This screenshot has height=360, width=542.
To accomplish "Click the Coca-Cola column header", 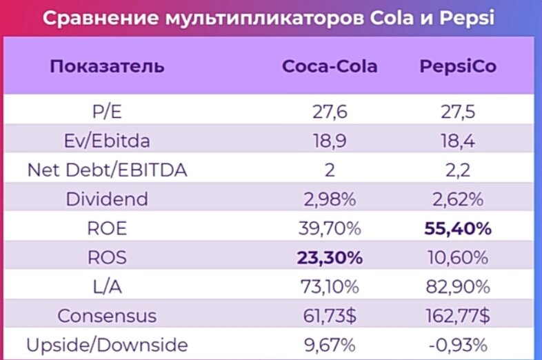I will click(330, 67).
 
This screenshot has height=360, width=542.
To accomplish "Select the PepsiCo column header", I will click(458, 67).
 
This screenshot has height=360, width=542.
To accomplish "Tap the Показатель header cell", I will click(107, 67).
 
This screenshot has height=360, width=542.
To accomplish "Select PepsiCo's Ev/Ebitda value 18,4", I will click(458, 141).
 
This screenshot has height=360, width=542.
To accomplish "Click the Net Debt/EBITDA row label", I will click(107, 170).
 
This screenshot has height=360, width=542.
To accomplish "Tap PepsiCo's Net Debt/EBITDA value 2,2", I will click(458, 170).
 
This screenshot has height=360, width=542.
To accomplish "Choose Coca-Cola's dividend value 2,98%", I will click(330, 200).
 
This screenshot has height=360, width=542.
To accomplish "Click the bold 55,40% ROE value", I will click(458, 229).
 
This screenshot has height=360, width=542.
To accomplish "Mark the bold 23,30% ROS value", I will click(330, 258).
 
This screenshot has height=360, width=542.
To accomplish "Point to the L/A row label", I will click(107, 287).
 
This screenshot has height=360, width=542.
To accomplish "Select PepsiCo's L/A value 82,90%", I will click(458, 287).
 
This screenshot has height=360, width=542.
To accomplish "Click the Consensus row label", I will click(107, 316).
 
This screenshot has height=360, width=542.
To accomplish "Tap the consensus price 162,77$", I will click(458, 316).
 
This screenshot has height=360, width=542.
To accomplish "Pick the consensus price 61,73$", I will click(330, 316).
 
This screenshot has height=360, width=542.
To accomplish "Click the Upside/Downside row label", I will click(107, 345).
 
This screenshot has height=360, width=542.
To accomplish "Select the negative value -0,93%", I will click(458, 345).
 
